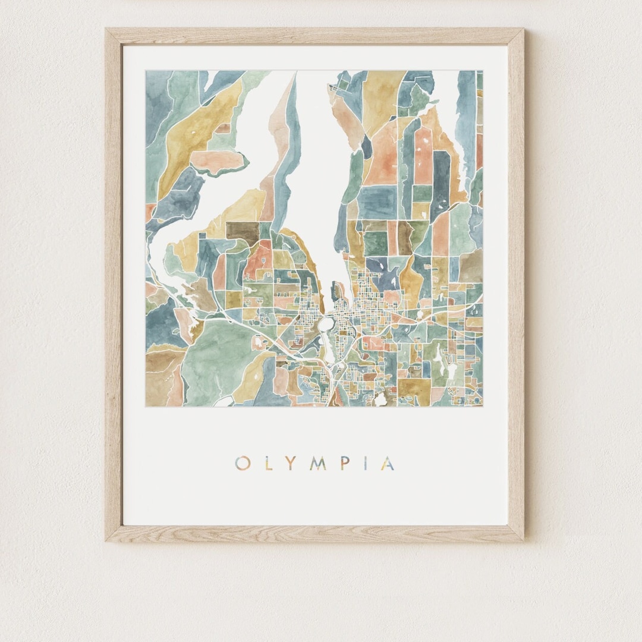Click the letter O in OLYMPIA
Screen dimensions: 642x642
(242, 464)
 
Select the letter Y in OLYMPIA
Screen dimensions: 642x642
(291, 464)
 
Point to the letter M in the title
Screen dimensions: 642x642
(317, 464)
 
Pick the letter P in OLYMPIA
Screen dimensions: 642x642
(344, 464)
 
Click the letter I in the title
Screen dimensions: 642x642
(365, 464)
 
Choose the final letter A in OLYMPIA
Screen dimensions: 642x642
(387, 464)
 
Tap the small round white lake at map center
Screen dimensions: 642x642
(326, 324)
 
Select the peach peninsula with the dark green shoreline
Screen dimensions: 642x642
(216, 161)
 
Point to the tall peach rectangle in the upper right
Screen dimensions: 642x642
(423, 156)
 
